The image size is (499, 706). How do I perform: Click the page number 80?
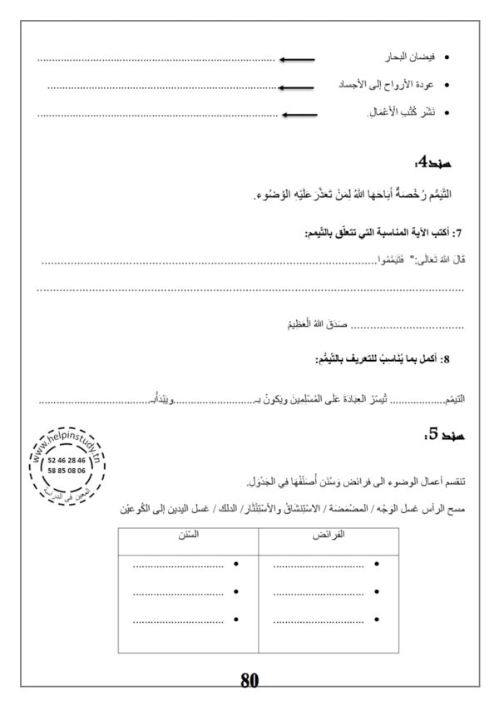coord(250,680)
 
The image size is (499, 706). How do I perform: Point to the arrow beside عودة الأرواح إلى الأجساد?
coord(297,86)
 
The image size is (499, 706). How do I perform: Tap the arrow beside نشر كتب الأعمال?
coord(297,113)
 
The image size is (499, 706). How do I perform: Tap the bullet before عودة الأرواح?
coord(448,86)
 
